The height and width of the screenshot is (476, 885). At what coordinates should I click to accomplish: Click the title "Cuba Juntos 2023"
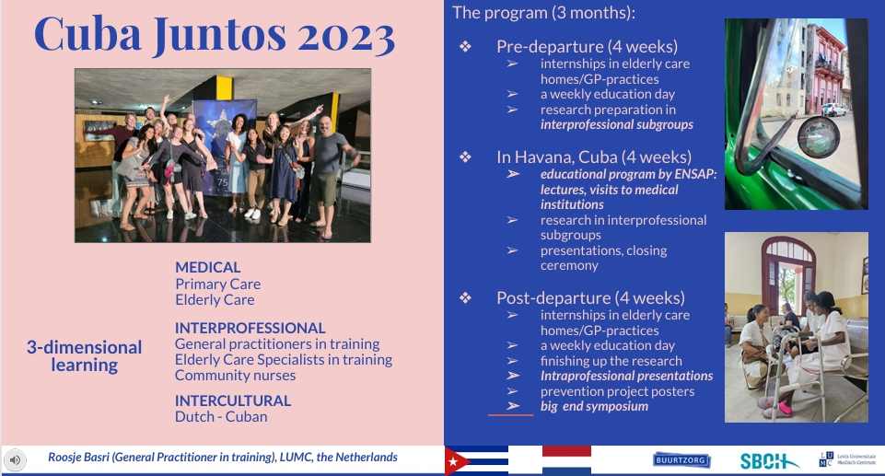215,35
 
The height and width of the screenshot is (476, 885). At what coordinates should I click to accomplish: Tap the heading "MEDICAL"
208,267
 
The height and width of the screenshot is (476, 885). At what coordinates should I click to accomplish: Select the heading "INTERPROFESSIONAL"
250,328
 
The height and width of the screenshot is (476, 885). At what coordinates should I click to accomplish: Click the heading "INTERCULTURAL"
233,401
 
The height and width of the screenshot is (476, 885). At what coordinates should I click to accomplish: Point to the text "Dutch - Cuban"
221,417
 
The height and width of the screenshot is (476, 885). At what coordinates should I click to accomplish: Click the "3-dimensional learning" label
84,356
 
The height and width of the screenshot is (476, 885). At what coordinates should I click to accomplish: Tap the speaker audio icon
16,460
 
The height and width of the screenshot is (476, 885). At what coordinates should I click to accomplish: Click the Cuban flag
476,460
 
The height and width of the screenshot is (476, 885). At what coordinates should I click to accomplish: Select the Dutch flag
566,460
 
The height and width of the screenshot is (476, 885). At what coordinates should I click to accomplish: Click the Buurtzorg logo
681,460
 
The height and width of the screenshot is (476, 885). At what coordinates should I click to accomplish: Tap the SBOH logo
769,461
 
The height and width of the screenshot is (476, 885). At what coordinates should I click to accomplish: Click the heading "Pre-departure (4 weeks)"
587,46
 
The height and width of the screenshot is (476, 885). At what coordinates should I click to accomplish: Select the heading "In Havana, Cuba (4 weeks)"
594,157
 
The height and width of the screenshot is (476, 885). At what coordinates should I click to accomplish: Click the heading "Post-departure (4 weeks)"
590,297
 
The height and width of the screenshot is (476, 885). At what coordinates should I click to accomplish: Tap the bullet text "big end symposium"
594,406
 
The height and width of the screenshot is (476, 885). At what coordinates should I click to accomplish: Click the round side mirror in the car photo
818,137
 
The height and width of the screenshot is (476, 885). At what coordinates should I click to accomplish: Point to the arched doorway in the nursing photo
788,271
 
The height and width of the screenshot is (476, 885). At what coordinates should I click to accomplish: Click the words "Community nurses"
235,376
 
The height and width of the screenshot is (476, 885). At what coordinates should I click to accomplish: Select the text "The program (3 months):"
543,12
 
